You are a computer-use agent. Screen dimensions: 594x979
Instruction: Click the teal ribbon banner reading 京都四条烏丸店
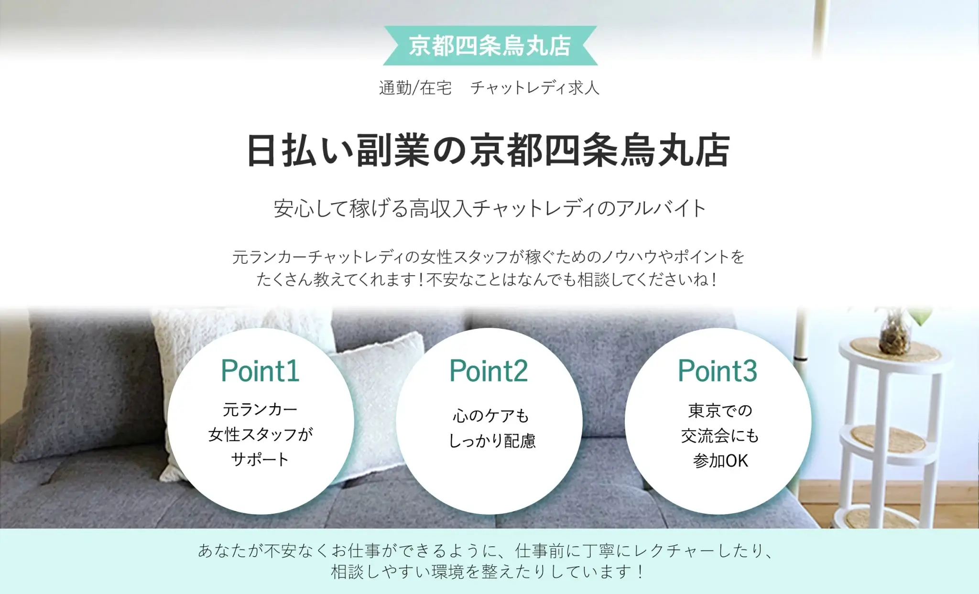pyautogui.click(x=490, y=46)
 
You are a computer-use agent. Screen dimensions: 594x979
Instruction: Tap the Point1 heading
pyautogui.click(x=260, y=371)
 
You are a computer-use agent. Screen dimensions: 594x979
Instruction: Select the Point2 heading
pyautogui.click(x=489, y=371)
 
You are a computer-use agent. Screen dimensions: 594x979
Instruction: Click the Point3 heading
pyautogui.click(x=718, y=371)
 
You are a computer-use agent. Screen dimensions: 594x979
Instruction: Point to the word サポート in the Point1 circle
pyautogui.click(x=260, y=459)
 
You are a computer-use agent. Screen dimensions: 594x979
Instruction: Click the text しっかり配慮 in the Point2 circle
pyautogui.click(x=492, y=441)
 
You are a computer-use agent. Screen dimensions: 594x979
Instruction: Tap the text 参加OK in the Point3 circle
pyautogui.click(x=720, y=461)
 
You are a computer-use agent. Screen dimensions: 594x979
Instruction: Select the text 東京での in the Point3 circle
pyautogui.click(x=720, y=410)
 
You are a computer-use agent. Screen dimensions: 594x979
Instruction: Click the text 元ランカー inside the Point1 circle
pyautogui.click(x=260, y=409)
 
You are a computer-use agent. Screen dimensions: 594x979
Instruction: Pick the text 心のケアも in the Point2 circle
pyautogui.click(x=491, y=416)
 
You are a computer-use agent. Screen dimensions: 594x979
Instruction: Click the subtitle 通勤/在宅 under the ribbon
pyautogui.click(x=415, y=88)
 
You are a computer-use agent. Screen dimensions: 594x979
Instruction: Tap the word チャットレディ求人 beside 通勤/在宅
pyautogui.click(x=534, y=88)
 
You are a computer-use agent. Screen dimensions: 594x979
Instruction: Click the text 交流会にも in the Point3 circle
pyautogui.click(x=720, y=435)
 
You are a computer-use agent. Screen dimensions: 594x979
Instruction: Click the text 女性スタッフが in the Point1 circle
pyautogui.click(x=261, y=434)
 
